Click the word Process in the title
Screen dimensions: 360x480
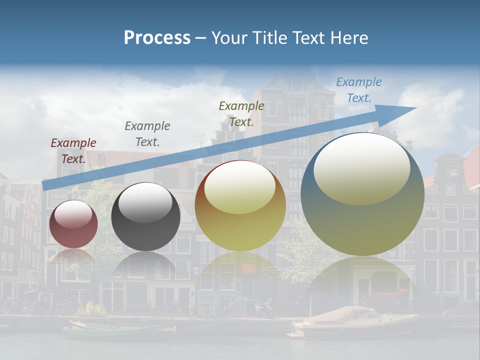(x=157, y=37)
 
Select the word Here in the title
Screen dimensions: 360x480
(x=349, y=37)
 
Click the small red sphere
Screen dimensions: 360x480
(x=73, y=224)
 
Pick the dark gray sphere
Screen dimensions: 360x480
(x=145, y=216)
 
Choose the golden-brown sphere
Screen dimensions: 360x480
(x=240, y=206)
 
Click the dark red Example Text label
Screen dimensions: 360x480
(x=73, y=150)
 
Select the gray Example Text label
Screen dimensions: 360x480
(x=147, y=134)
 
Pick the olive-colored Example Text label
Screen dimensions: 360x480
(x=241, y=113)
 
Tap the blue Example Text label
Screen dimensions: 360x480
(x=358, y=90)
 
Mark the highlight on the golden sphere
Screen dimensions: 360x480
(x=239, y=187)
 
